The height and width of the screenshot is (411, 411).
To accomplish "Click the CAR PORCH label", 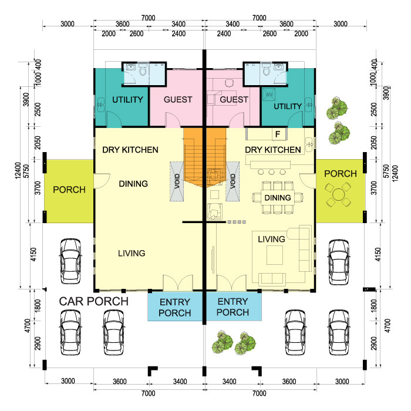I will [x=94, y=302].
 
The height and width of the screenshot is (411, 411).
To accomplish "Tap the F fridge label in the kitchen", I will [x=277, y=134].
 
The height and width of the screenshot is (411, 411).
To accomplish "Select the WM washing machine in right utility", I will [x=269, y=95].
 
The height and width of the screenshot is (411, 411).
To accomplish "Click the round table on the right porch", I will [x=338, y=193].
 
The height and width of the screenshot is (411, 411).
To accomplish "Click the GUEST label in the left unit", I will [x=177, y=100].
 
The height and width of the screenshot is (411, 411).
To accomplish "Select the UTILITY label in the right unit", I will [x=288, y=106].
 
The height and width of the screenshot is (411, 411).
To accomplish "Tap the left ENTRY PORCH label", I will [x=175, y=307].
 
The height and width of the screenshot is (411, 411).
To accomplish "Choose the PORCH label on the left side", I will [x=69, y=190].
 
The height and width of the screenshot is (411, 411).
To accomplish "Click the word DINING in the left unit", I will [x=133, y=184].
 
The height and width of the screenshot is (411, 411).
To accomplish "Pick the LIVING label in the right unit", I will [x=272, y=239].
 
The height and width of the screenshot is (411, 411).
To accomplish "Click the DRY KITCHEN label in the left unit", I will [x=130, y=150].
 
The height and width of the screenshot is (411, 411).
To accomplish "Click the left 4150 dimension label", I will [x=34, y=255].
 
